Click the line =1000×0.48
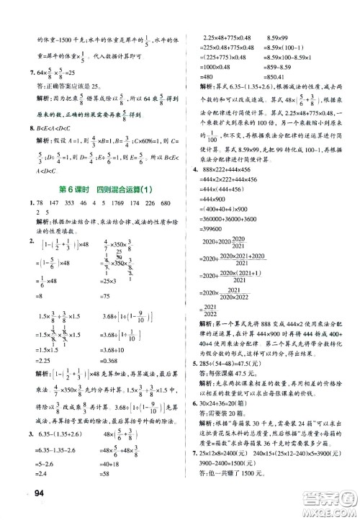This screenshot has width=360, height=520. pos(210,67)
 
